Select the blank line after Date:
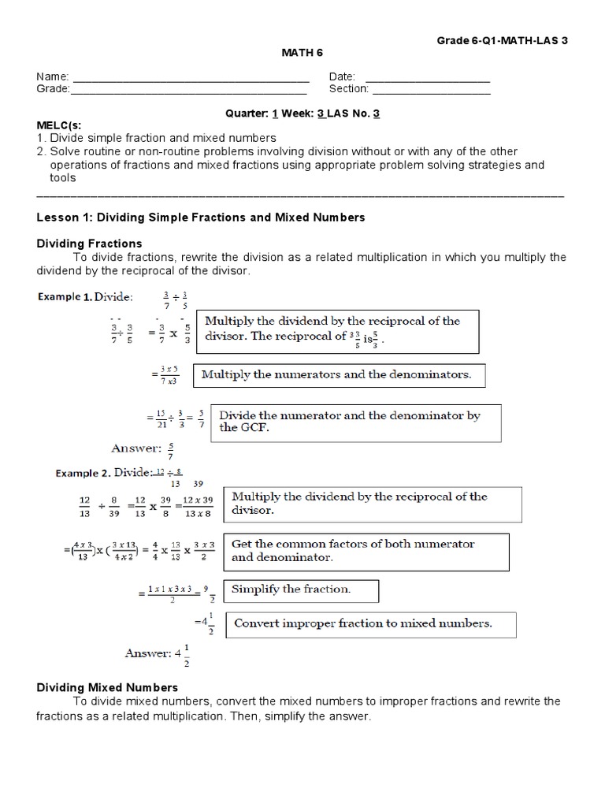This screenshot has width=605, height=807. (x=428, y=78)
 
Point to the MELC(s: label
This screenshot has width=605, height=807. (x=59, y=125)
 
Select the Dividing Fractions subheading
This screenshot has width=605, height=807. (x=90, y=244)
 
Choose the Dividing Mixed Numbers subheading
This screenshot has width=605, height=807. (x=108, y=687)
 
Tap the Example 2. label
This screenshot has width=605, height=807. (x=82, y=473)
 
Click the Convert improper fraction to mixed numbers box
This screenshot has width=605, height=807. (x=371, y=623)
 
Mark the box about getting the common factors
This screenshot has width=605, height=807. (x=366, y=550)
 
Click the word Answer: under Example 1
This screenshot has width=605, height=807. (x=136, y=448)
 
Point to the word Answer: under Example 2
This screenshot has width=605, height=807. (x=147, y=653)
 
